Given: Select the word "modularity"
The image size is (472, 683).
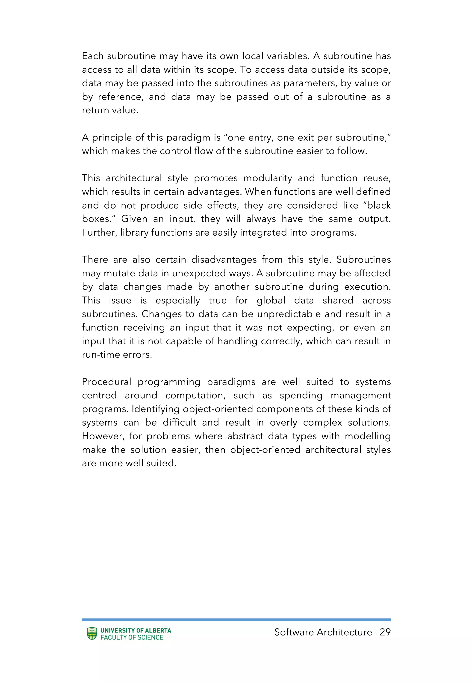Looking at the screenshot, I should pyautogui.click(x=268, y=178).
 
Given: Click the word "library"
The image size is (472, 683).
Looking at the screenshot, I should pyautogui.click(x=135, y=233).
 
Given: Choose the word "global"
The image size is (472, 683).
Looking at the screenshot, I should pyautogui.click(x=271, y=301).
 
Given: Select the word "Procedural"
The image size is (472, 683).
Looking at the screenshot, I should pyautogui.click(x=106, y=382).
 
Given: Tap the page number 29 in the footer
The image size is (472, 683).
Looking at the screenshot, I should pyautogui.click(x=385, y=632).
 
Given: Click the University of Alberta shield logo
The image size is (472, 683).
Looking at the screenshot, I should pyautogui.click(x=92, y=634).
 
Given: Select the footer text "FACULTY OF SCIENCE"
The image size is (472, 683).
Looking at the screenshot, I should pyautogui.click(x=132, y=637).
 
